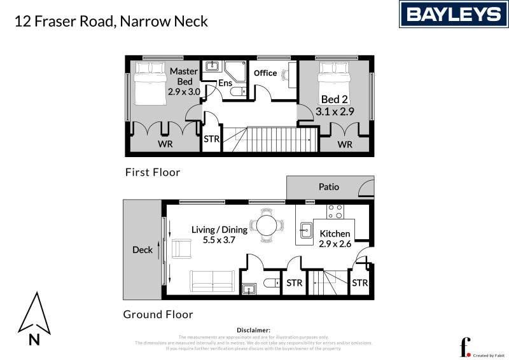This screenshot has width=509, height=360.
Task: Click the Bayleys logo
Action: click(x=454, y=14)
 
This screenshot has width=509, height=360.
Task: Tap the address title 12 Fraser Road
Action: click(x=112, y=21)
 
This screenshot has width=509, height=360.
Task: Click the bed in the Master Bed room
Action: click(x=148, y=83)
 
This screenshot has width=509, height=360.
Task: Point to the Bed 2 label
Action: click(x=335, y=99)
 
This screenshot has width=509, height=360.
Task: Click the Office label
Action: click(x=265, y=73)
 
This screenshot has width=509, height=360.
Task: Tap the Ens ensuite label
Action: click(x=225, y=83)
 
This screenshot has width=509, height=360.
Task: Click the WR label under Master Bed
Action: click(x=164, y=144)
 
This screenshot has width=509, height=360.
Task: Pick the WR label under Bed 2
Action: click(x=345, y=144)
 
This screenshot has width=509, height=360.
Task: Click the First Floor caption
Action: click(x=153, y=172)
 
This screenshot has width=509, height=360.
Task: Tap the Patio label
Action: click(x=329, y=187)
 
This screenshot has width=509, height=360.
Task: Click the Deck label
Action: click(x=143, y=250)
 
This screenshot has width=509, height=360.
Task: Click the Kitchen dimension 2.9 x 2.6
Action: click(x=335, y=244)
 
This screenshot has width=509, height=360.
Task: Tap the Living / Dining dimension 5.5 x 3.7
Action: click(x=220, y=240)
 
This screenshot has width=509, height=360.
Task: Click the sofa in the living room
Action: click(x=213, y=280)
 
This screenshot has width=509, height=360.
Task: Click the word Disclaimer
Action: click(x=253, y=330)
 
